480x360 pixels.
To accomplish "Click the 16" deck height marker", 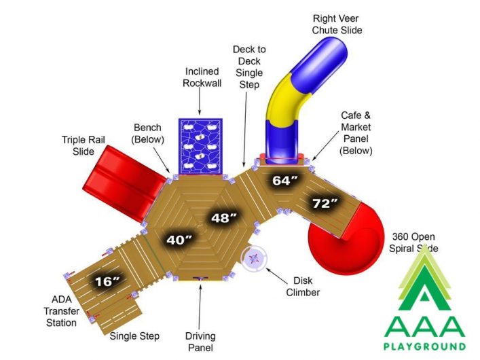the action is coord(107,281).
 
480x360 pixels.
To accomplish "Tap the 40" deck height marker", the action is coord(179,240).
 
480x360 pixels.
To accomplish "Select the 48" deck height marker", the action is coord(224,218).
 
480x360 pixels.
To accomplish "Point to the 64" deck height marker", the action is coord(285,181).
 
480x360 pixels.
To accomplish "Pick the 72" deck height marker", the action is coord(325,203).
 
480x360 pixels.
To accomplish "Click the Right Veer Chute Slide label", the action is coord(337,24).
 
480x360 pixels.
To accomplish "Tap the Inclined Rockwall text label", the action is coord(202,77).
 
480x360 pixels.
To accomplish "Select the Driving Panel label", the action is coord(200,342).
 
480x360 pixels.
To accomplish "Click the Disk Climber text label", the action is coord(303,287).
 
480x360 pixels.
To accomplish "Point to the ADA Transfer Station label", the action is coord(61,311).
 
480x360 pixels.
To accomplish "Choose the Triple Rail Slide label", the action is coord(84,145).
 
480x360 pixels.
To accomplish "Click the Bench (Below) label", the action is coord(147,133).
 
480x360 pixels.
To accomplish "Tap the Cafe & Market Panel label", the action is coord(355,132).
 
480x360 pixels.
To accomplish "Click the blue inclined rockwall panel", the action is coord(200,147).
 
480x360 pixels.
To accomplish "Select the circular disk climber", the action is coord(254,259).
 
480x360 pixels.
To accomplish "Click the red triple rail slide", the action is coord(124,183).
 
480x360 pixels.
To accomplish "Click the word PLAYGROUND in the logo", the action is coord(424,346).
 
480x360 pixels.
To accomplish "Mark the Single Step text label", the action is coord(134,336).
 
